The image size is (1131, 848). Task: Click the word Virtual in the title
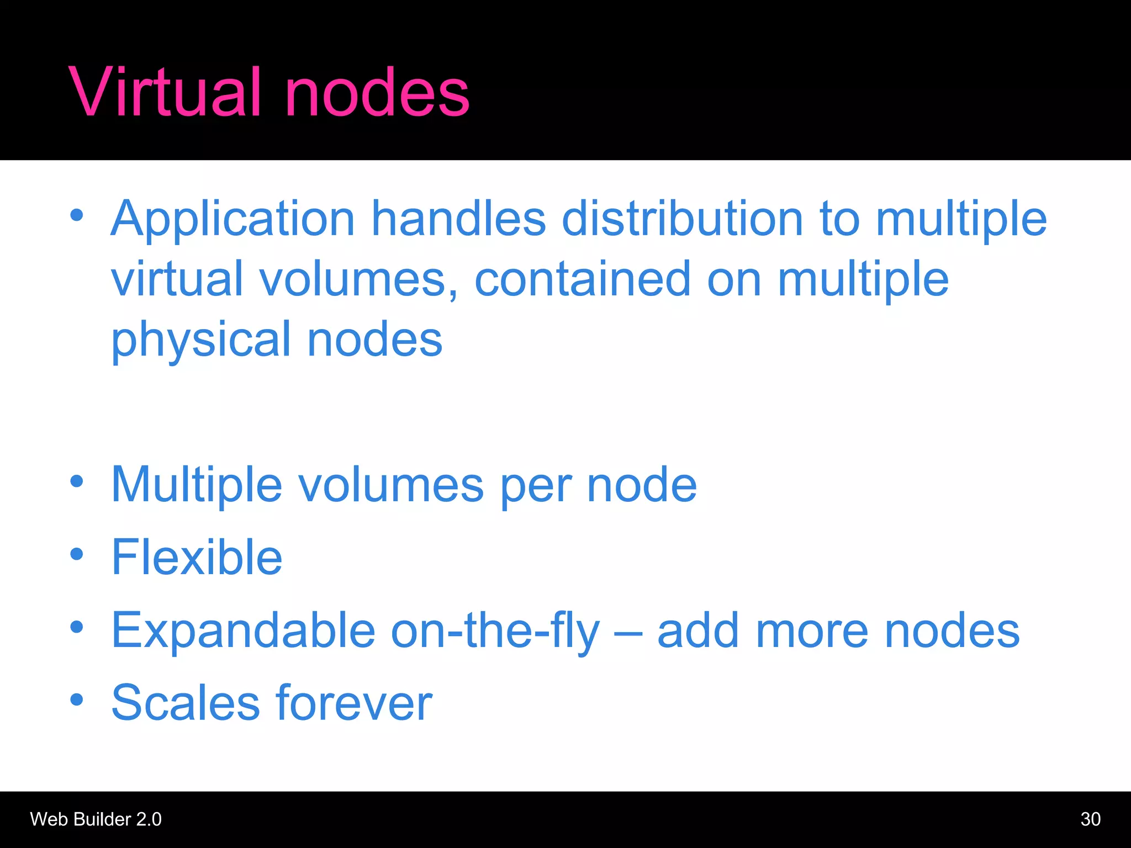(164, 92)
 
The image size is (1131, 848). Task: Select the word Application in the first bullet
(232, 219)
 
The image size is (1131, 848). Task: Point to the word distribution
(682, 219)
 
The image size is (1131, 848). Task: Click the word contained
(583, 279)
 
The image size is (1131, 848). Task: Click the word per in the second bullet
(535, 486)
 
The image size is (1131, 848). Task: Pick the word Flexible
(197, 558)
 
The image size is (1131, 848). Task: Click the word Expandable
(244, 630)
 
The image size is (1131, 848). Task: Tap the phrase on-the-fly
(495, 632)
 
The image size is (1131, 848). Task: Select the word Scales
(186, 703)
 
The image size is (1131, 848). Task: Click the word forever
(354, 703)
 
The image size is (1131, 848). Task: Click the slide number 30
(1090, 819)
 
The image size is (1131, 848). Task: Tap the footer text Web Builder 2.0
(96, 819)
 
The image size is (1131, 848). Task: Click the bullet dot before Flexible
(77, 554)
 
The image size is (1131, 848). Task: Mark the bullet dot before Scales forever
(77, 699)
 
